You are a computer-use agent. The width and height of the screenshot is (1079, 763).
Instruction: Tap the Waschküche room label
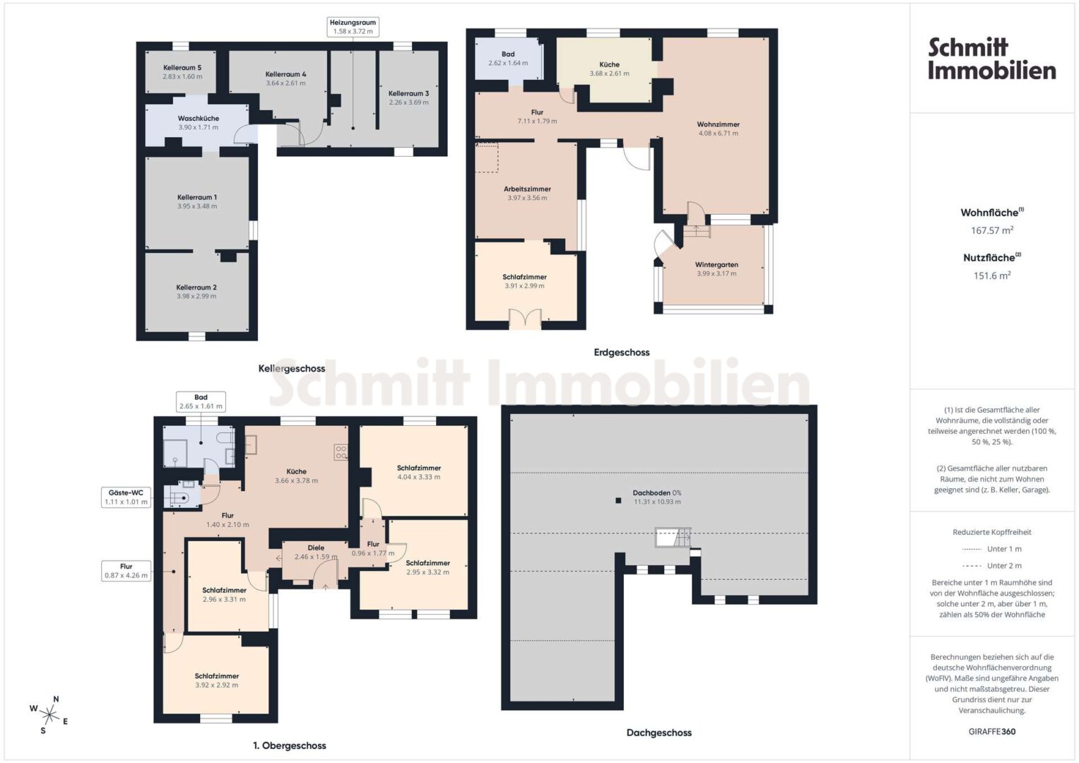point(199,118)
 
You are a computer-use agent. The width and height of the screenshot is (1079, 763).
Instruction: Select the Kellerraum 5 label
point(182,67)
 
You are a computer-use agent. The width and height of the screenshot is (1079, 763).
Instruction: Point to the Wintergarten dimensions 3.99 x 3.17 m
point(717,273)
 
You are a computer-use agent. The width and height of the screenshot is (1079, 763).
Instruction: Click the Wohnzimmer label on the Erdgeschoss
point(718,124)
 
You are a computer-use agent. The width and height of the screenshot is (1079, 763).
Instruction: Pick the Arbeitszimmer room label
point(527,189)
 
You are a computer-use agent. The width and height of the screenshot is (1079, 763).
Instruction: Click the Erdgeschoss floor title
point(621,352)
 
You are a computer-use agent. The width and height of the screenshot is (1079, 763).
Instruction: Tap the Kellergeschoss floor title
point(291,369)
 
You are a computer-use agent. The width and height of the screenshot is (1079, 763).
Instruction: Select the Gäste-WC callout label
point(126,493)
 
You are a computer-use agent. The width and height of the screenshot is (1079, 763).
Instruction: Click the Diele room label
point(316,548)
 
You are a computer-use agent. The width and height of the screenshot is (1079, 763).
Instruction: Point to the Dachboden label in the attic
point(651,493)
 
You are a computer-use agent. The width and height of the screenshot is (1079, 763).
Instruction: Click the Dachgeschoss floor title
point(659,733)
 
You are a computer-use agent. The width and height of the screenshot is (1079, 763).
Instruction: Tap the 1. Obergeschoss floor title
point(290,745)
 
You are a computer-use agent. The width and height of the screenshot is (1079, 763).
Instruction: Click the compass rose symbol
point(49,715)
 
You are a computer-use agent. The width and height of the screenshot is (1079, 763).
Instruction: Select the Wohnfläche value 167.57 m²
point(992,230)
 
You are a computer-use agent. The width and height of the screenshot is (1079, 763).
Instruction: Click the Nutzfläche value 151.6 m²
point(992,276)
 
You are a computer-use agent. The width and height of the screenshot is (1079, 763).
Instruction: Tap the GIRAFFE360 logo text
point(992,732)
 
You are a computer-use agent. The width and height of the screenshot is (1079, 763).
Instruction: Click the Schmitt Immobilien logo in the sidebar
point(992,59)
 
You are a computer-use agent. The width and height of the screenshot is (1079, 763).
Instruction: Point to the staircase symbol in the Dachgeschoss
point(673,537)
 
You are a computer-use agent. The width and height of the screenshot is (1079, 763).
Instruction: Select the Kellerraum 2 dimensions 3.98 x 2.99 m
point(196,296)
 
